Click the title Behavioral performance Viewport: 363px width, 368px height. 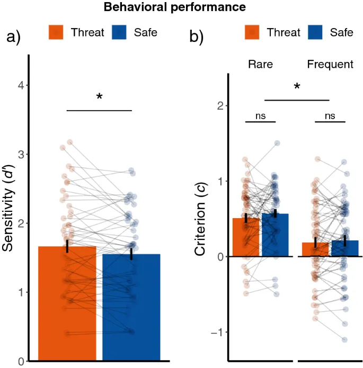pyautogui.click(x=174, y=7)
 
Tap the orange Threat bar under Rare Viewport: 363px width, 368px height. pyautogui.click(x=246, y=238)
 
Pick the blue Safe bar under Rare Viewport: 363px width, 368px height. pyautogui.click(x=275, y=236)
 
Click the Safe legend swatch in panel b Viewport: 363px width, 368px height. pyautogui.click(x=315, y=33)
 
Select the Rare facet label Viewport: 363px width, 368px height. pyautogui.click(x=260, y=65)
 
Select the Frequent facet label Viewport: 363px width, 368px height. pyautogui.click(x=330, y=65)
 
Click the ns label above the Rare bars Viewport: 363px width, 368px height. pyautogui.click(x=260, y=116)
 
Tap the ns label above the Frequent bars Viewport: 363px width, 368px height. pyautogui.click(x=330, y=116)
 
